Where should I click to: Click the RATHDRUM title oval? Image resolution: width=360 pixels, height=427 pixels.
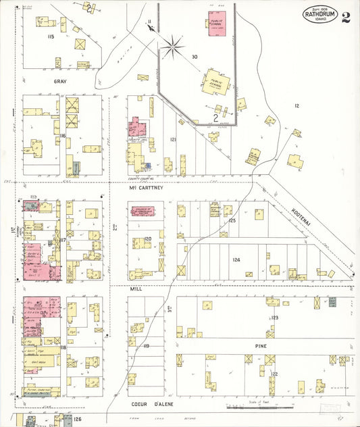point(319,14)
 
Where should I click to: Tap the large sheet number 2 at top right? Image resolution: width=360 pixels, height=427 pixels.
point(346,17)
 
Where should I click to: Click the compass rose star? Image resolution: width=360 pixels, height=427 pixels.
point(174,46)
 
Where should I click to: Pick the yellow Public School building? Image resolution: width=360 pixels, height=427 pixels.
point(217,84)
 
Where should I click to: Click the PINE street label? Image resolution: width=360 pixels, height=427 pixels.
point(271,344)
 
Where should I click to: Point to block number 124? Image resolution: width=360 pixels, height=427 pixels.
point(236,259)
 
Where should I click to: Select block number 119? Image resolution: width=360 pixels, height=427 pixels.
point(145,346)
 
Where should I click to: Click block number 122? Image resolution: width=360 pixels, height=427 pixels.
point(274,374)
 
